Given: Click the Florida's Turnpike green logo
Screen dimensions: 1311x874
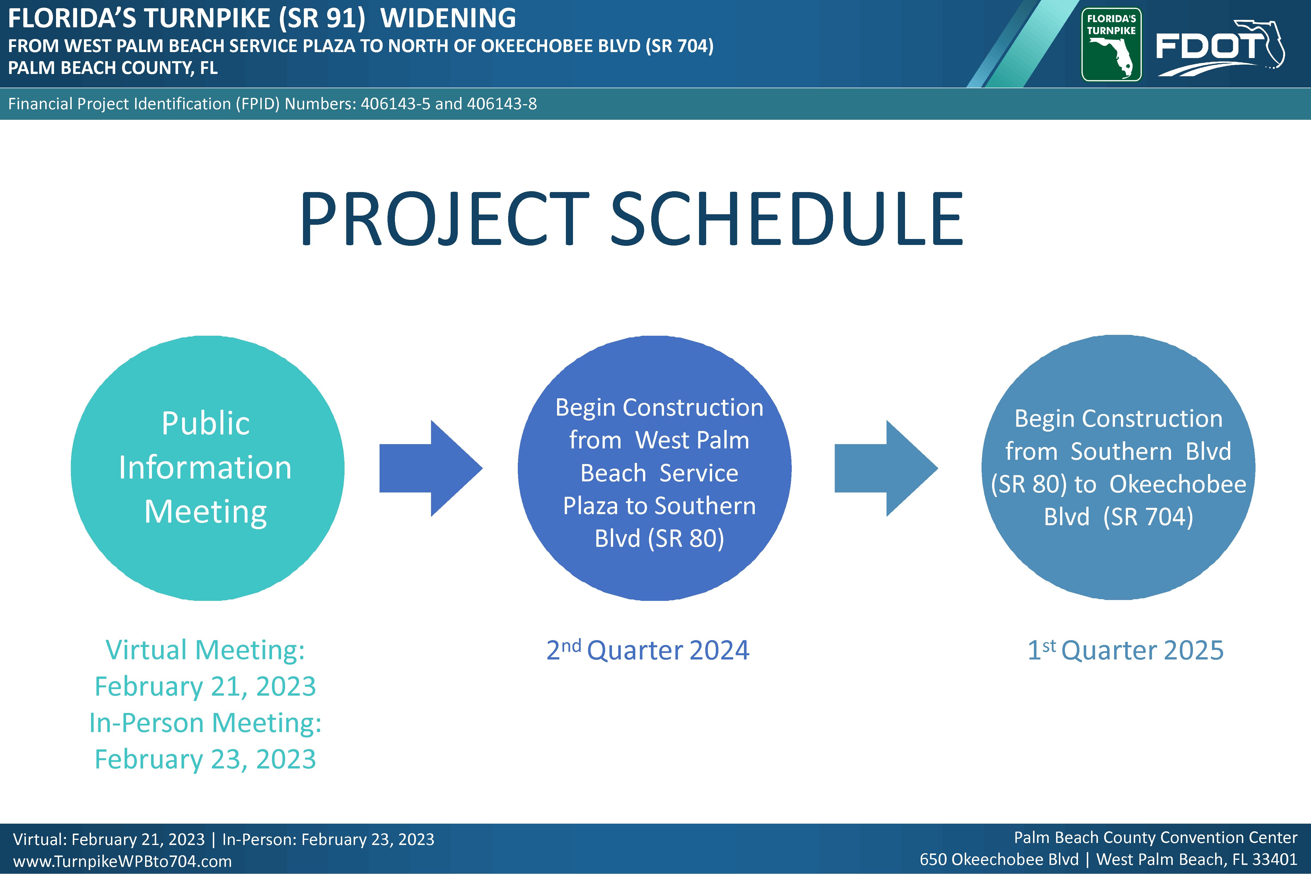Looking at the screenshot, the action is (x=1112, y=45).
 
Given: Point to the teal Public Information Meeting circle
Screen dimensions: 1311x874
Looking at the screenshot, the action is (x=207, y=468).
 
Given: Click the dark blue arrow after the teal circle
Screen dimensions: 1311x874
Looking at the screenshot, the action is (x=431, y=468).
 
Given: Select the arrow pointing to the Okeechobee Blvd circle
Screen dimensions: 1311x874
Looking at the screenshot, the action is (x=886, y=468).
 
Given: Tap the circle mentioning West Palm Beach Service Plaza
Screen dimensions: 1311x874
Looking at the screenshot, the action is (x=655, y=468).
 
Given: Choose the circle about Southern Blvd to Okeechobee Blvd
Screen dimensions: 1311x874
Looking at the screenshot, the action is (x=1118, y=467).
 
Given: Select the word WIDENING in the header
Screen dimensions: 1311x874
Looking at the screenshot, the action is (x=448, y=18).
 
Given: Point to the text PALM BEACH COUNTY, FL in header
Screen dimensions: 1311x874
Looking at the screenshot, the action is (x=113, y=68).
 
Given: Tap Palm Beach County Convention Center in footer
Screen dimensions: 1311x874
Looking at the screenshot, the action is (x=1155, y=838).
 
